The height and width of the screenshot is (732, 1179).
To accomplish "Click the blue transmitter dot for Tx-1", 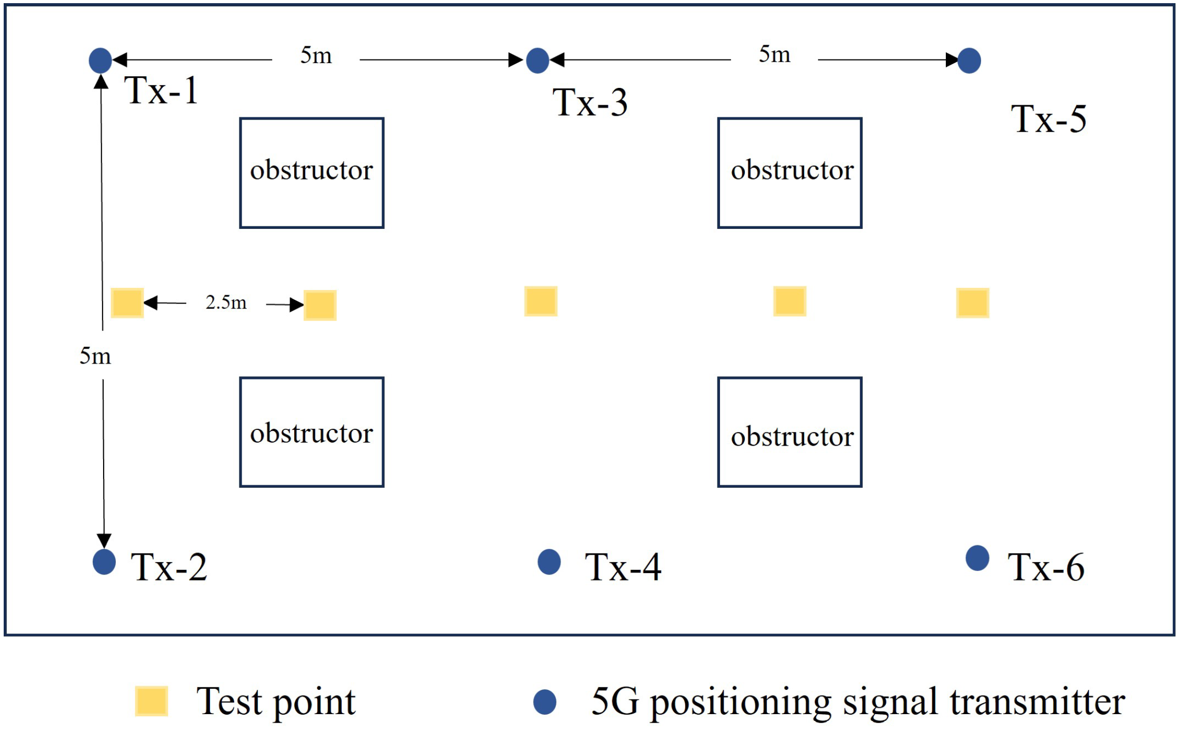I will click(x=101, y=60).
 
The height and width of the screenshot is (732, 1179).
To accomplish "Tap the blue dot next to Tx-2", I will click(x=104, y=561).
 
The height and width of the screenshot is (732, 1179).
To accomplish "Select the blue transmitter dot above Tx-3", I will click(x=537, y=60).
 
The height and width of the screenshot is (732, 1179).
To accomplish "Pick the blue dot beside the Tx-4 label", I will click(x=549, y=561).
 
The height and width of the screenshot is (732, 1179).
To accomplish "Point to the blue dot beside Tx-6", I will click(x=977, y=558).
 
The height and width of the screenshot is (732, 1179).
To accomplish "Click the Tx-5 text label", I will click(x=1048, y=119).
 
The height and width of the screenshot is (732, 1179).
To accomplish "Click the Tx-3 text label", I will click(x=590, y=102).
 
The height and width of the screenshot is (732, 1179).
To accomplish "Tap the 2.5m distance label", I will click(x=226, y=303).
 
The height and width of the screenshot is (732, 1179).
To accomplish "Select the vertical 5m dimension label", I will click(x=95, y=356).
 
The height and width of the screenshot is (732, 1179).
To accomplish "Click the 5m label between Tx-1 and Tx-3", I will click(x=316, y=55).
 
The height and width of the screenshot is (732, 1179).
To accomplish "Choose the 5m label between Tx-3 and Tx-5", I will click(x=774, y=54).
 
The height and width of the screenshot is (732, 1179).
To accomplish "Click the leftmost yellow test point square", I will click(x=127, y=303).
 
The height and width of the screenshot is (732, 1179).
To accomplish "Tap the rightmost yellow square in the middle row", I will click(x=973, y=303).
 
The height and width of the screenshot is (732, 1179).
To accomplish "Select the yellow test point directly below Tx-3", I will click(x=541, y=301).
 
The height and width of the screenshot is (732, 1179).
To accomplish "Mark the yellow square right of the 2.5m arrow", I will click(x=320, y=305).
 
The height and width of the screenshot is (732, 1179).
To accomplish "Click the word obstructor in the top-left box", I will click(x=312, y=170).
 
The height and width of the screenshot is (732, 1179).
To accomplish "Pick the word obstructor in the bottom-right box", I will click(x=792, y=437).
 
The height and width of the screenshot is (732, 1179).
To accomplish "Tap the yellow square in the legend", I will click(x=152, y=701).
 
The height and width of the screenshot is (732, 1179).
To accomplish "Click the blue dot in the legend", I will click(x=545, y=701).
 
